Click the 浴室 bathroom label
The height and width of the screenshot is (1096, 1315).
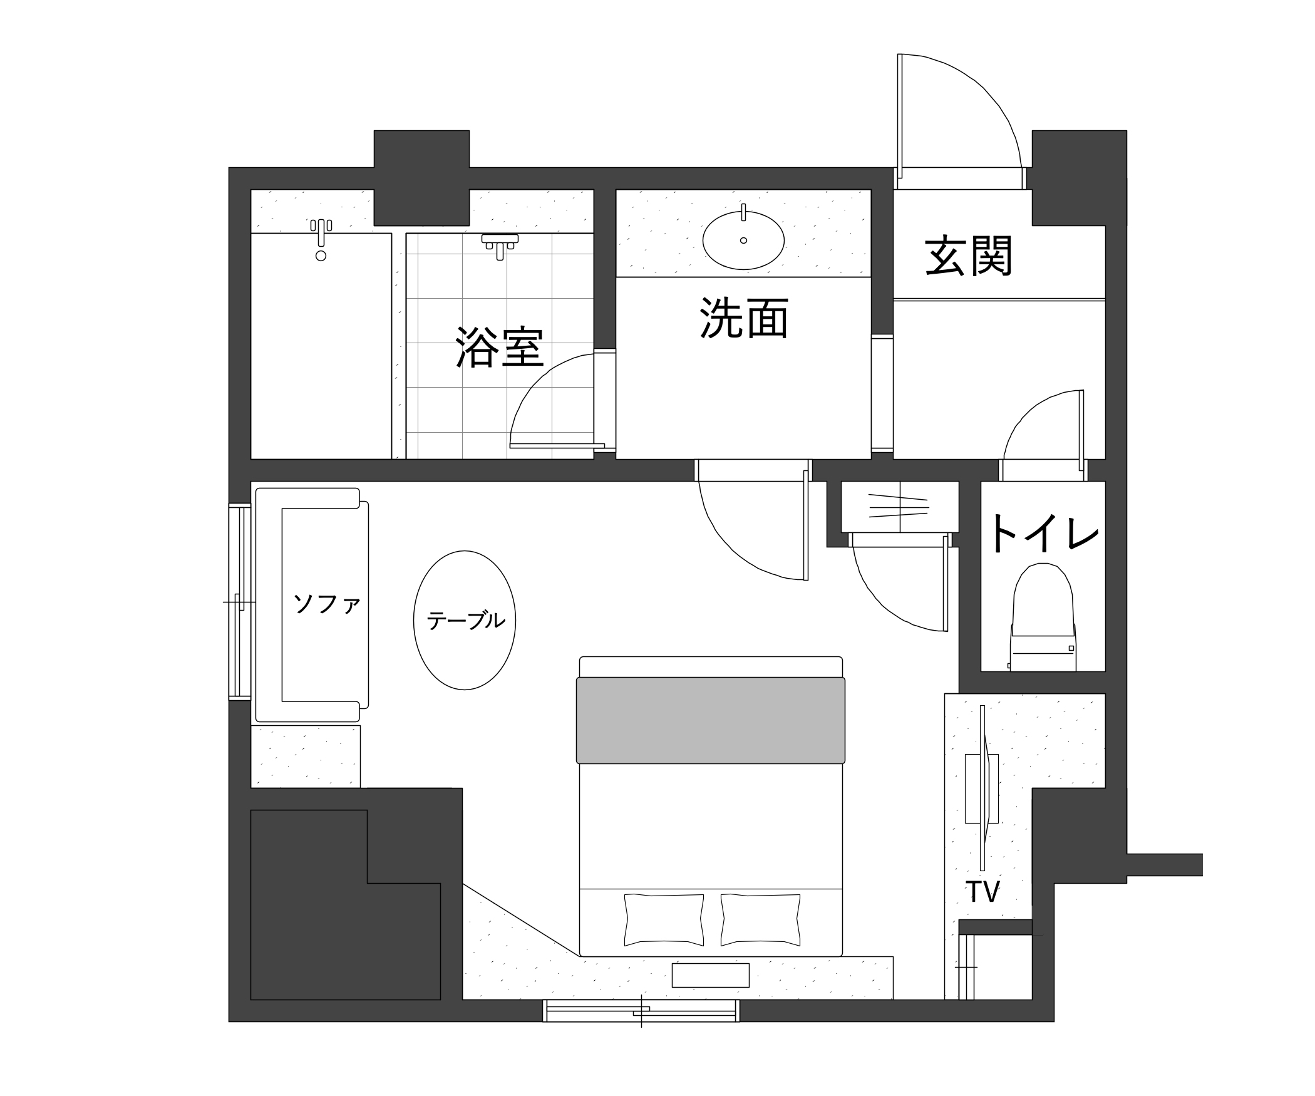[499, 347]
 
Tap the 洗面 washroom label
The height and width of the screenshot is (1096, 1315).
[743, 318]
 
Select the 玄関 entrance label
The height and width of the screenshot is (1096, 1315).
[968, 256]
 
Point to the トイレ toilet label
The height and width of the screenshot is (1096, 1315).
[1043, 533]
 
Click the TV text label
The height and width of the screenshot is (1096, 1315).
[982, 892]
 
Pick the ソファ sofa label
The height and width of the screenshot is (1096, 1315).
[326, 604]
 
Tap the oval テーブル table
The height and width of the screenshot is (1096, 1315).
[465, 620]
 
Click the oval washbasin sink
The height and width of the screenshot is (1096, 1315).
[743, 240]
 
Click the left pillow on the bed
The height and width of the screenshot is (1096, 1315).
[664, 919]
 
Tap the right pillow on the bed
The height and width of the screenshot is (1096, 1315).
[760, 919]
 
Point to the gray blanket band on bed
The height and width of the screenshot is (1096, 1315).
[711, 720]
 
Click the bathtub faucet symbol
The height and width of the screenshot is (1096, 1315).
[321, 231]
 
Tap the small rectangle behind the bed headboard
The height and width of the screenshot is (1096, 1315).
[711, 975]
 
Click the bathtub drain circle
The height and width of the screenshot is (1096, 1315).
[321, 256]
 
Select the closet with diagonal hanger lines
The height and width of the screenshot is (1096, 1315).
[899, 507]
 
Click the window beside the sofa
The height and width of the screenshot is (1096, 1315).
[239, 601]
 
